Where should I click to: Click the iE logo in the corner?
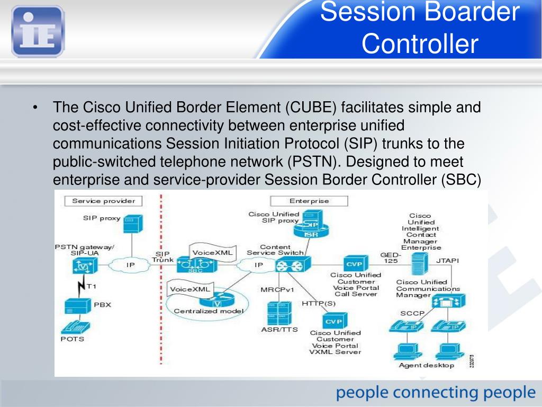(37, 30)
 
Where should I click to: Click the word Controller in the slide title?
(420, 44)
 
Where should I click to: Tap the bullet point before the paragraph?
(35, 108)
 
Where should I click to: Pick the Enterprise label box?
(309, 201)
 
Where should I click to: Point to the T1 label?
(91, 286)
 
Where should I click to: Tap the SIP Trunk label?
(162, 257)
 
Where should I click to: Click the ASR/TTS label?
(279, 329)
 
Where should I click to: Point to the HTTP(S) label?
(319, 303)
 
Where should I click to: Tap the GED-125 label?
(391, 258)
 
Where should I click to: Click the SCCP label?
(412, 313)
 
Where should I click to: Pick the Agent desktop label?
(427, 365)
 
